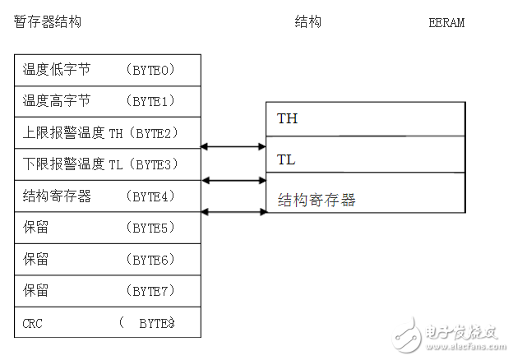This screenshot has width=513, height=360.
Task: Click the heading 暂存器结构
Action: [x=48, y=22]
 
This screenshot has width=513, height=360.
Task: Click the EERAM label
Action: [x=446, y=23]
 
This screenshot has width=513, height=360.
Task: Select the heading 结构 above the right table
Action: [x=307, y=22]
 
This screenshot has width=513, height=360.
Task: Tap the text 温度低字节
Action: [x=57, y=70]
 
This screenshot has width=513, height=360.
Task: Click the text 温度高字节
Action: [x=57, y=101]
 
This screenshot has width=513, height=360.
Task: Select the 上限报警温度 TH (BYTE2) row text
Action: [x=101, y=132]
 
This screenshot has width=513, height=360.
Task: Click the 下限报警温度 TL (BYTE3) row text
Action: [x=101, y=164]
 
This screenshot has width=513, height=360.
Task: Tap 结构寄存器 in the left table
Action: [x=57, y=196]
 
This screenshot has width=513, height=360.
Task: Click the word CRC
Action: [x=33, y=323]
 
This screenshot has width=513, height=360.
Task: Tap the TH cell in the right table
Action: [x=287, y=119]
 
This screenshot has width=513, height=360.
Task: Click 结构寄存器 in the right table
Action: [x=317, y=201]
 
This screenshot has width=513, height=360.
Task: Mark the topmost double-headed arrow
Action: [x=233, y=147]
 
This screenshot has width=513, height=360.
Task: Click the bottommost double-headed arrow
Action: [x=233, y=212]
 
